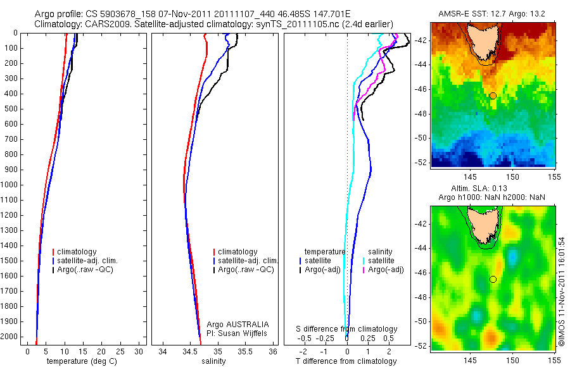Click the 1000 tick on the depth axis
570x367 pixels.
11,185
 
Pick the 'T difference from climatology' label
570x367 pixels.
346,361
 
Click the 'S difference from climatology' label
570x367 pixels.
347,329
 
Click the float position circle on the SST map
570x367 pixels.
493,96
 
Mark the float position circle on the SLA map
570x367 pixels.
493,279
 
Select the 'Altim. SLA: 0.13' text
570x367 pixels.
493,189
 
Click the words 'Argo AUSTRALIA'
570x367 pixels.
238,324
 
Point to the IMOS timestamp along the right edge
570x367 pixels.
561,291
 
